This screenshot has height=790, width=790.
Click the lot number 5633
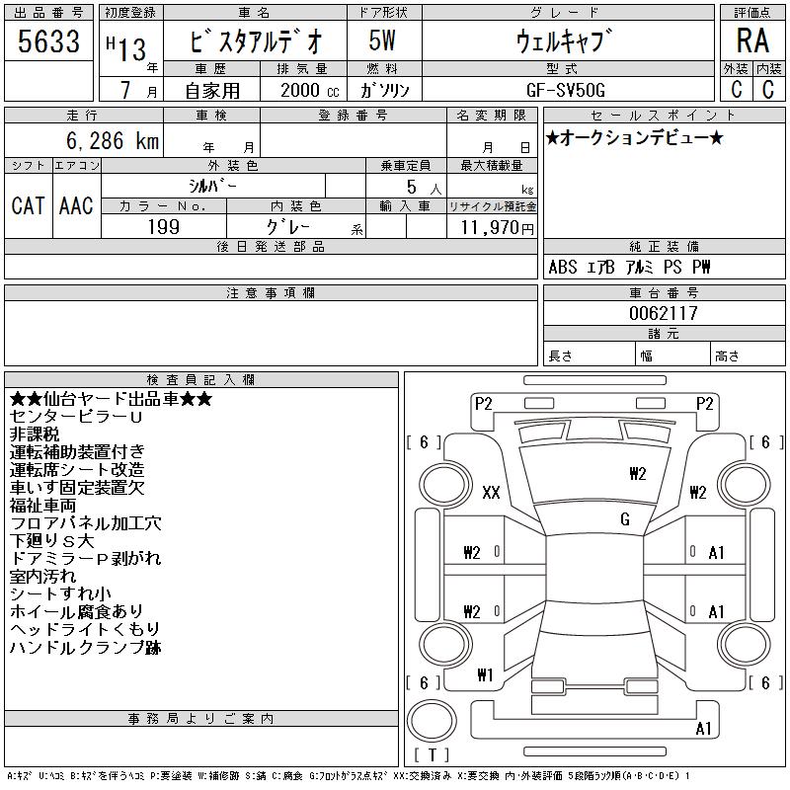(x=48, y=40)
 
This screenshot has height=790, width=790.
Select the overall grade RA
(x=752, y=40)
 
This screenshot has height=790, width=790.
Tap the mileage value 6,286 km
(x=113, y=140)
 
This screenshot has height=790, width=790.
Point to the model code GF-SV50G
(x=565, y=90)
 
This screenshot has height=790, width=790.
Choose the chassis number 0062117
(x=663, y=313)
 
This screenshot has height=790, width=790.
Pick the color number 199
(x=164, y=227)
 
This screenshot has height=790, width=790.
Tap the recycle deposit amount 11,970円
(x=498, y=228)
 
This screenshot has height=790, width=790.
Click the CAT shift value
(x=29, y=206)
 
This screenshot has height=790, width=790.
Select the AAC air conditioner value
(x=77, y=206)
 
